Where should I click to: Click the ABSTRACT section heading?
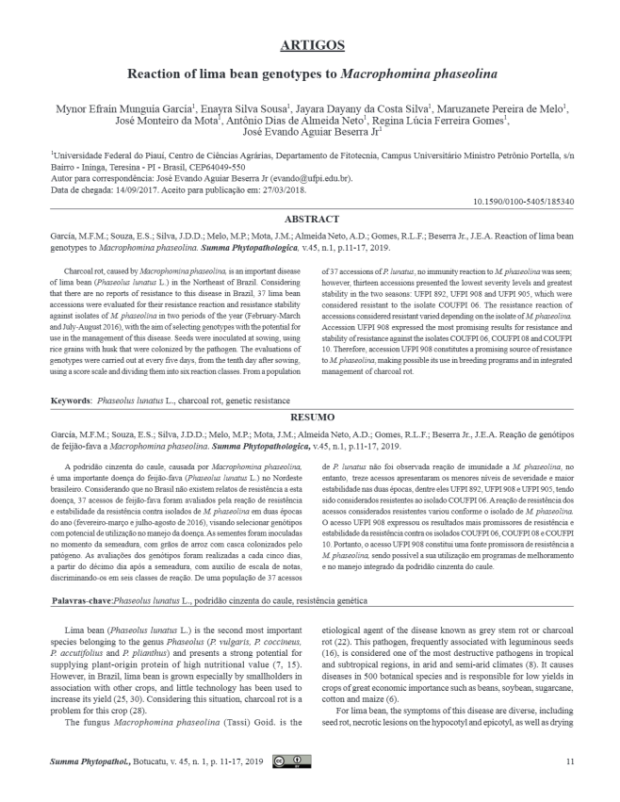coord(310,219)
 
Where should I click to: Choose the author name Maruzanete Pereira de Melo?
coord(500,107)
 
